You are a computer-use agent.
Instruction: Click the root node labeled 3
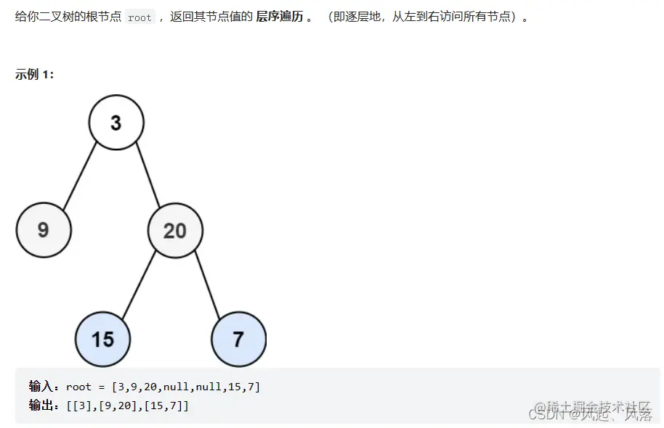click(116, 123)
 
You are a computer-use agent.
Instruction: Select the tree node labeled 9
click(43, 230)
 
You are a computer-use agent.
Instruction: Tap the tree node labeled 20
click(175, 231)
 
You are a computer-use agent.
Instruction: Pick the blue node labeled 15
click(103, 339)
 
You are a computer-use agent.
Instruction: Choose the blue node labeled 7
click(238, 339)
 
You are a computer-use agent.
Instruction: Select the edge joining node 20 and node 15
click(139, 285)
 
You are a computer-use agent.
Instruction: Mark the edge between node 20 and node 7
click(207, 285)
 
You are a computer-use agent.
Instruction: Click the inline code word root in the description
click(139, 17)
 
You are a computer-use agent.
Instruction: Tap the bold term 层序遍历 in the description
click(280, 17)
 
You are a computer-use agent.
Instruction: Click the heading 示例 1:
click(34, 75)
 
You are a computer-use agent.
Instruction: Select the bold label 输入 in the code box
click(40, 387)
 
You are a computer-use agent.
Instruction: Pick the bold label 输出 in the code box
click(40, 406)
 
